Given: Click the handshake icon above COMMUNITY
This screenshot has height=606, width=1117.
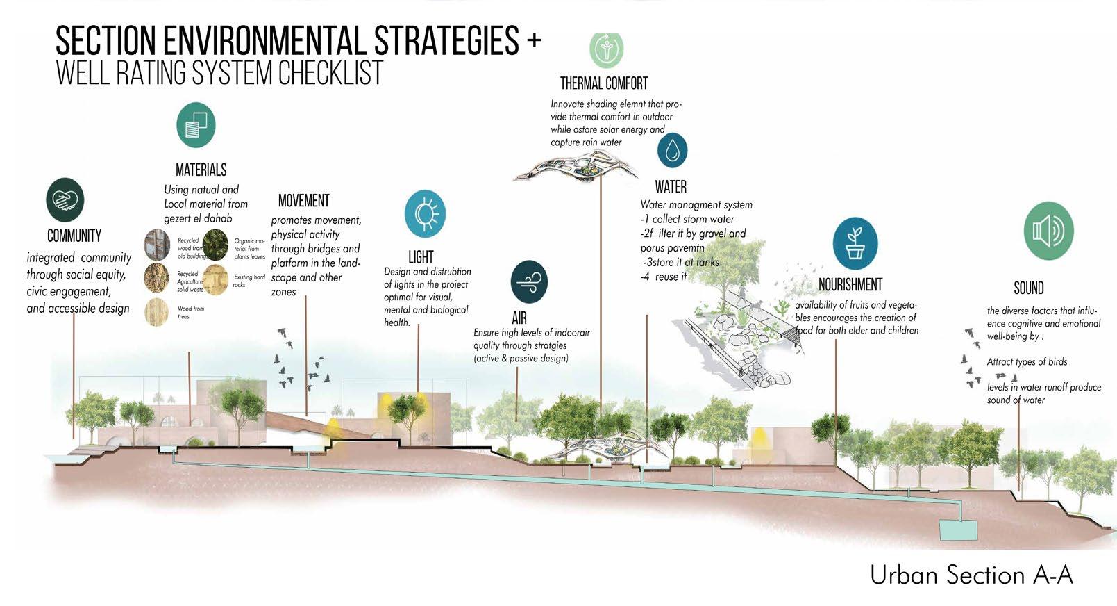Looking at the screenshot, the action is (x=65, y=200).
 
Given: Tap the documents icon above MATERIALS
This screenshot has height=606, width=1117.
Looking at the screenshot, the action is (x=196, y=125).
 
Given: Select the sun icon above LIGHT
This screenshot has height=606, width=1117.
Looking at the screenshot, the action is (x=425, y=214).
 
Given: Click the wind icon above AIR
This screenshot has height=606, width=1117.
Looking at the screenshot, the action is (x=529, y=282).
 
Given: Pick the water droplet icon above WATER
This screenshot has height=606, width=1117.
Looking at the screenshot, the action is (x=672, y=151).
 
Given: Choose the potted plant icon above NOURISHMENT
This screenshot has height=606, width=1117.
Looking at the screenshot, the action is (x=855, y=243).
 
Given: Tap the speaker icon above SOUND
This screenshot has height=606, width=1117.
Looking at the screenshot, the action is (x=1048, y=231).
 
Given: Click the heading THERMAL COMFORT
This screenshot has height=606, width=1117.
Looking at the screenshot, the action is (x=604, y=84).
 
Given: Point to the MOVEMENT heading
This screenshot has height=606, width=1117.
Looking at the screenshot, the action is (x=303, y=201).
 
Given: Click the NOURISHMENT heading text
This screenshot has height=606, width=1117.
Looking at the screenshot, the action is (x=850, y=284).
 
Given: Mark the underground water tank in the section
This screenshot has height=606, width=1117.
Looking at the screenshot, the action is (x=957, y=530).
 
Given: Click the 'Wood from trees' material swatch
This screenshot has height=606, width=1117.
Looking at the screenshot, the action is (x=157, y=312).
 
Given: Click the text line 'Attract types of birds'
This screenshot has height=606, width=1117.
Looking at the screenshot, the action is (x=1027, y=362).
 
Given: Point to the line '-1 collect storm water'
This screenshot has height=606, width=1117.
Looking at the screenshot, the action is (x=687, y=219).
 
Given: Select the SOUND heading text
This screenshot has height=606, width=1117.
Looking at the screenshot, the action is (x=1028, y=288).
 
